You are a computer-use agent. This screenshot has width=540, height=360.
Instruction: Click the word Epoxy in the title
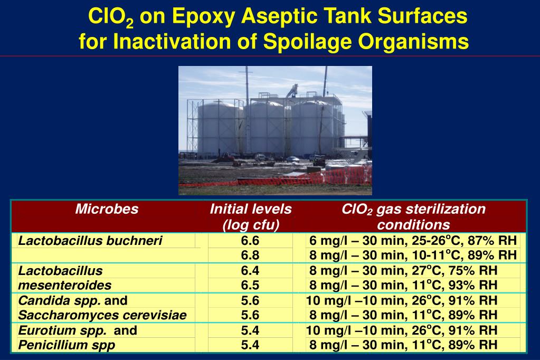[x=204, y=17]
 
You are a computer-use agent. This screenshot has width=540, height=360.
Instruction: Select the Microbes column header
[x=107, y=210]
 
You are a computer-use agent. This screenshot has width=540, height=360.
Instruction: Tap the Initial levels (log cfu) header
[x=251, y=217]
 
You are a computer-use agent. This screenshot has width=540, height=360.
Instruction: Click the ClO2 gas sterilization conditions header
[x=413, y=217]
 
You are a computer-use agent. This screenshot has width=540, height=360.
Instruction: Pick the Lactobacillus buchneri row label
[x=90, y=241]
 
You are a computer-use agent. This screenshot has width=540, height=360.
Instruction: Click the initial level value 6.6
[x=250, y=241]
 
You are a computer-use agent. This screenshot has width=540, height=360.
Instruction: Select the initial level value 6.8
[x=250, y=255]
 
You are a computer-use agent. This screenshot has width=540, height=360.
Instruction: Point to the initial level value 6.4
[x=250, y=271]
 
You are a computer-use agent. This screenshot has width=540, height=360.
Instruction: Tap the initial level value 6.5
[x=250, y=286]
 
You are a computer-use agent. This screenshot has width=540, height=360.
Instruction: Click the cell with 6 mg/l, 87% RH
[x=413, y=241]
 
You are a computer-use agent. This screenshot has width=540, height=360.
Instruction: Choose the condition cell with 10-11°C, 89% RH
[x=413, y=255]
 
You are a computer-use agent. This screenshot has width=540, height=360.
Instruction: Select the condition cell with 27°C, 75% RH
[x=403, y=271]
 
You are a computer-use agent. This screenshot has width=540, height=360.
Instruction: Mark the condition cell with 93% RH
[x=403, y=286]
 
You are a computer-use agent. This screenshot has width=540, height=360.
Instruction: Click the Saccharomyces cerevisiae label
[x=102, y=316]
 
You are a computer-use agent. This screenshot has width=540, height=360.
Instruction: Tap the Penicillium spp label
[x=67, y=346]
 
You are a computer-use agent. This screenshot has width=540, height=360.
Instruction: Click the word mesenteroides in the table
[x=65, y=286]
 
